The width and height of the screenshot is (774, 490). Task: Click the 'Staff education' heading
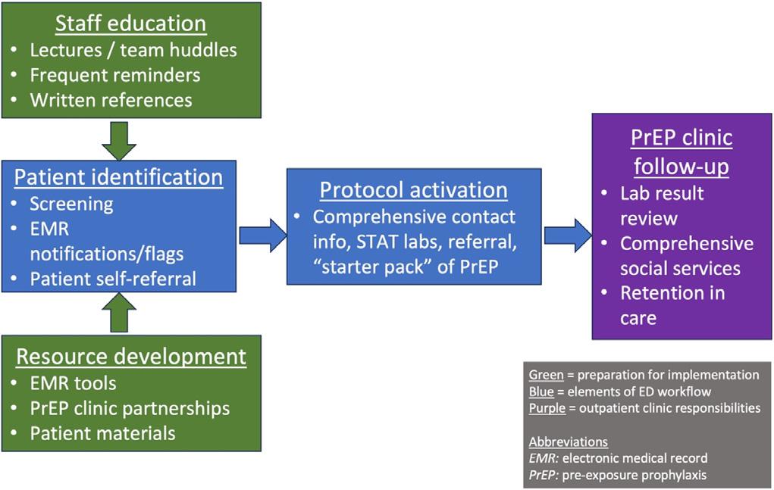pyautogui.click(x=130, y=23)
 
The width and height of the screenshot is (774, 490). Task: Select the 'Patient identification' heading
pyautogui.click(x=119, y=177)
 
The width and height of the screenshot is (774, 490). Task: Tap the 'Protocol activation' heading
pyautogui.click(x=413, y=189)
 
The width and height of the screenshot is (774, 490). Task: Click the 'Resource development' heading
pyautogui.click(x=131, y=356)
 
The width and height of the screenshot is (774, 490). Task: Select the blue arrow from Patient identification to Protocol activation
pyautogui.click(x=262, y=236)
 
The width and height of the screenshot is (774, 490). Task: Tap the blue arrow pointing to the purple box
pyautogui.click(x=567, y=236)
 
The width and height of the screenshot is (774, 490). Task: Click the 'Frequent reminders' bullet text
pyautogui.click(x=115, y=75)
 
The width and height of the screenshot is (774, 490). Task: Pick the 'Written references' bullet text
pyautogui.click(x=111, y=99)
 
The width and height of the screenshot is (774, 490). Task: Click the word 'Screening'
pyautogui.click(x=71, y=204)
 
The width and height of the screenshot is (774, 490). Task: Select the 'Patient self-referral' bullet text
pyautogui.click(x=113, y=278)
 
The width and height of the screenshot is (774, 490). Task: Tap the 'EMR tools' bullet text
pyautogui.click(x=73, y=383)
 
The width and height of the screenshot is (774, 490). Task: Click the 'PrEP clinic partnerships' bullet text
pyautogui.click(x=130, y=408)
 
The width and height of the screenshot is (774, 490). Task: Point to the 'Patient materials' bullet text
pyautogui.click(x=102, y=433)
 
